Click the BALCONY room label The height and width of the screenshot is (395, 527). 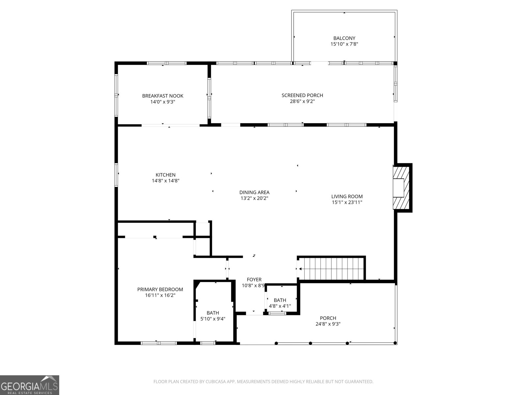point(344,38)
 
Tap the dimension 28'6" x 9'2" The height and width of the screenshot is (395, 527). point(302,101)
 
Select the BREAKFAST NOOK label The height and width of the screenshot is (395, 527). point(163,96)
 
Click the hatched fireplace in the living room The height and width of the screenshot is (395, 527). point(401,188)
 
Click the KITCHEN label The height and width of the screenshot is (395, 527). point(165,175)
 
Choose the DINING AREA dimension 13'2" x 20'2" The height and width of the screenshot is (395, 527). point(254,198)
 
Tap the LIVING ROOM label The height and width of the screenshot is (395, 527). point(347,197)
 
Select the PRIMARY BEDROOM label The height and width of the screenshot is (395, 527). point(160,289)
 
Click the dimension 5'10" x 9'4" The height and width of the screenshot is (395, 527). point(213,319)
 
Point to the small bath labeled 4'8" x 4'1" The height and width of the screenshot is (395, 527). point(280,303)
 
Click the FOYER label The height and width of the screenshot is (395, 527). point(254,279)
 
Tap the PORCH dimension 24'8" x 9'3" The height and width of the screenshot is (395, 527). point(328,324)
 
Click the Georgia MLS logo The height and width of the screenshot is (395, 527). point(30,385)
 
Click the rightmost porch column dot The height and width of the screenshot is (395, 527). point(395,343)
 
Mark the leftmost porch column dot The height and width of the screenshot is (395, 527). point(276,343)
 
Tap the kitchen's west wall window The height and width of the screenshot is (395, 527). point(117,174)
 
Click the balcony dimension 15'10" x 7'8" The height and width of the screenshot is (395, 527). point(344,44)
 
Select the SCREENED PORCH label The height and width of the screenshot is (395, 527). point(302,95)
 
